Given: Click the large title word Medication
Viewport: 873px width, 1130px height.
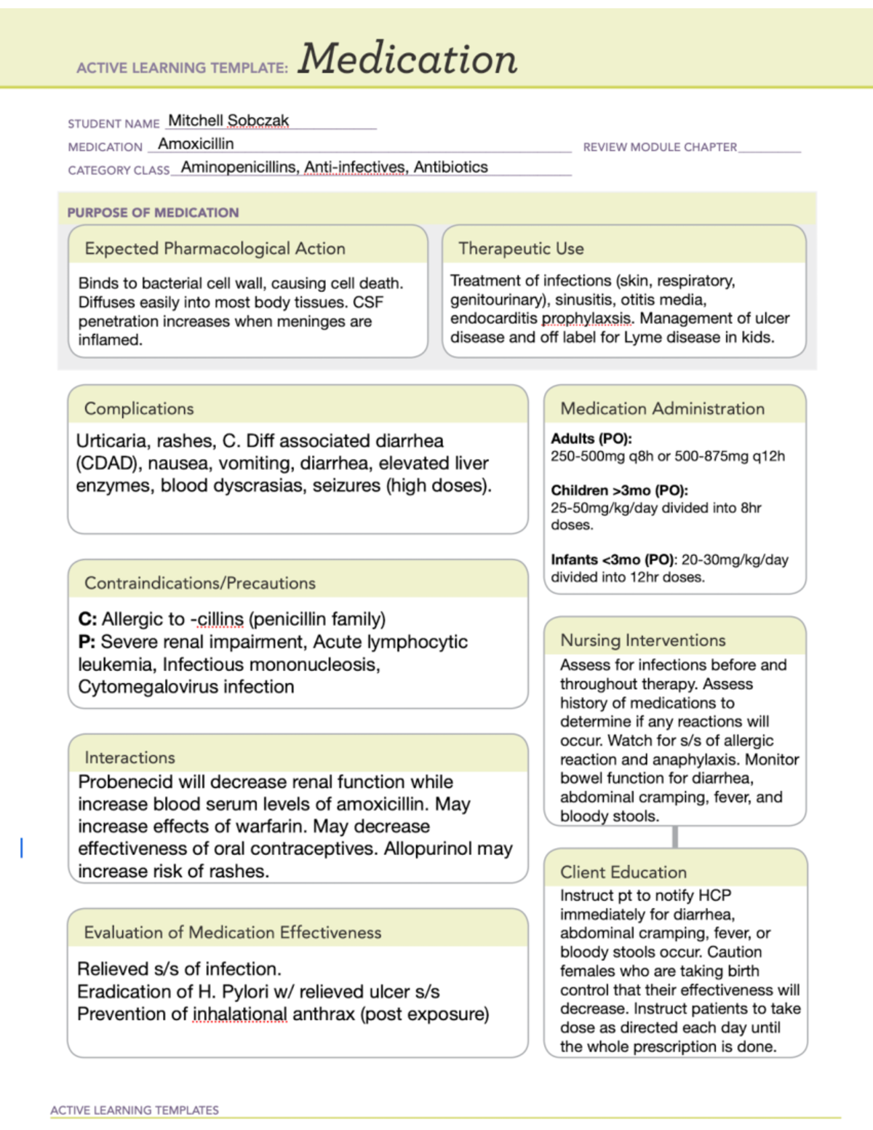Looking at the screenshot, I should point(407,59).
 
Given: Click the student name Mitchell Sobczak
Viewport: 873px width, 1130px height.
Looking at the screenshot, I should point(228,120).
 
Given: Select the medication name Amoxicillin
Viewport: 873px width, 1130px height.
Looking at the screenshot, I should point(196,143).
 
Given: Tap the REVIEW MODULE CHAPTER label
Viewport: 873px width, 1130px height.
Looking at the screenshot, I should point(660,147).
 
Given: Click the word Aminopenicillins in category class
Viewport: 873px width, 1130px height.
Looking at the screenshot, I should point(239,167).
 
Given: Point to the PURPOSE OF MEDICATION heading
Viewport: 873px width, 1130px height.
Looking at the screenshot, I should point(153,212).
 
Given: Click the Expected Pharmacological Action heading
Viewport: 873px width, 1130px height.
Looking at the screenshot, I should point(215,248).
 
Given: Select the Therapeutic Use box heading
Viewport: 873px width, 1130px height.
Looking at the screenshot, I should point(521,248).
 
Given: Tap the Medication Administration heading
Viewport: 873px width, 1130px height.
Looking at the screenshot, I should point(662,408).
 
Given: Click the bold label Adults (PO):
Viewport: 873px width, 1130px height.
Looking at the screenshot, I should point(591,438).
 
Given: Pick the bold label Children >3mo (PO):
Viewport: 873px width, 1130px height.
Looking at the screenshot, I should point(619,490).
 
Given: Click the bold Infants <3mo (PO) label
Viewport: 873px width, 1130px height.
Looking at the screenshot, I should point(613,560).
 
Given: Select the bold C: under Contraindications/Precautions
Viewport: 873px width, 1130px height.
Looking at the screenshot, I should point(87,619).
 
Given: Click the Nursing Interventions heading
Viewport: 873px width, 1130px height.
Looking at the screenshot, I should point(642,640).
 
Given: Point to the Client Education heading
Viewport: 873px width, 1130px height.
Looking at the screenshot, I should point(623,872).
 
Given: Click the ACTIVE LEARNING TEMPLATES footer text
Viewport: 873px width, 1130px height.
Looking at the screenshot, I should point(135,1110).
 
